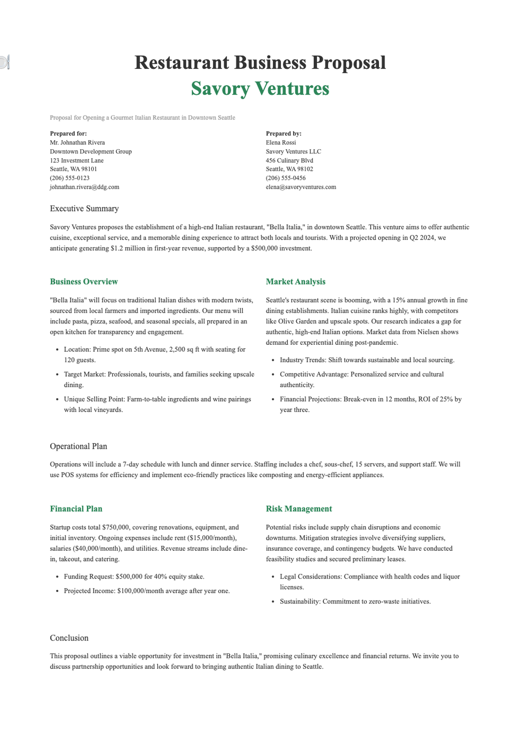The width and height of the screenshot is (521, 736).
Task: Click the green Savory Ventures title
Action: point(260,88)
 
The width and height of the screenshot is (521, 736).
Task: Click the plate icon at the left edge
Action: point(4,62)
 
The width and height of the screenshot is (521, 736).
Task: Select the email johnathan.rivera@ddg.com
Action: point(84,187)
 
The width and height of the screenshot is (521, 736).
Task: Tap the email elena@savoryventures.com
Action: point(300,187)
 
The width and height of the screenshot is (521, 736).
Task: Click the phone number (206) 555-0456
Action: point(285,178)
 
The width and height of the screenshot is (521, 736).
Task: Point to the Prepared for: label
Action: point(68,134)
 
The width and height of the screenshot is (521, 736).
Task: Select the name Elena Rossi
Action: point(280,142)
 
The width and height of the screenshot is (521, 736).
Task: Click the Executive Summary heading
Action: point(84,209)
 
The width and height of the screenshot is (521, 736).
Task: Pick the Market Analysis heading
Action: point(295,281)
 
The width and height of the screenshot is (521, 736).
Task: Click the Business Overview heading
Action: point(84,281)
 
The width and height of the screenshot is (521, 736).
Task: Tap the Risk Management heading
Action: point(299,509)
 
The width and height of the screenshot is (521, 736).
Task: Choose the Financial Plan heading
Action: point(76,509)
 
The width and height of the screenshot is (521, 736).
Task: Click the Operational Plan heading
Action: point(78,446)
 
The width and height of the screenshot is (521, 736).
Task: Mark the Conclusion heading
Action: point(69,638)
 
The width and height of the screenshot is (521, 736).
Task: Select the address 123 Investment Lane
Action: point(76,160)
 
